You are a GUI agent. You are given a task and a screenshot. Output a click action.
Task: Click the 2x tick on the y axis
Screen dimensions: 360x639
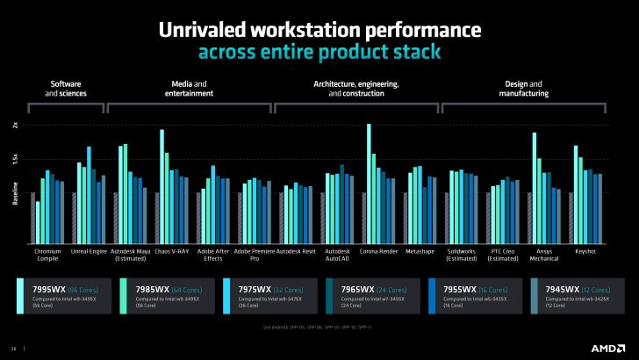[15, 125]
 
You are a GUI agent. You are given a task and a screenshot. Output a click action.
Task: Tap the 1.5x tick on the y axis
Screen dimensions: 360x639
[15, 159]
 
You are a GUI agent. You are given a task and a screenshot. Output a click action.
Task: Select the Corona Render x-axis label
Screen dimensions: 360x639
[380, 252]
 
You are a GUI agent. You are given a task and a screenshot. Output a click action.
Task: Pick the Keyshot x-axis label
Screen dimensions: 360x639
[586, 252]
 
